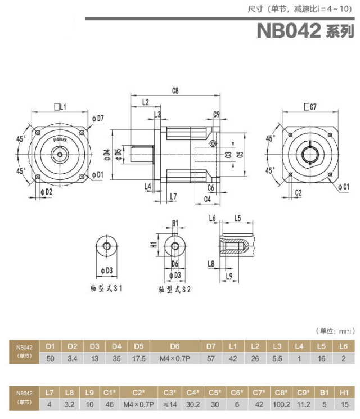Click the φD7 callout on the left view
tap(97, 118)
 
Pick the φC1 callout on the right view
tap(342, 186)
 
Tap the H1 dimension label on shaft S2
tap(154, 245)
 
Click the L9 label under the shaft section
tap(229, 276)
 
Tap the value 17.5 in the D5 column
tap(139, 358)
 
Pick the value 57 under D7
tap(211, 358)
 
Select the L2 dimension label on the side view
tap(145, 102)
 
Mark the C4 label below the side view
tap(207, 199)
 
